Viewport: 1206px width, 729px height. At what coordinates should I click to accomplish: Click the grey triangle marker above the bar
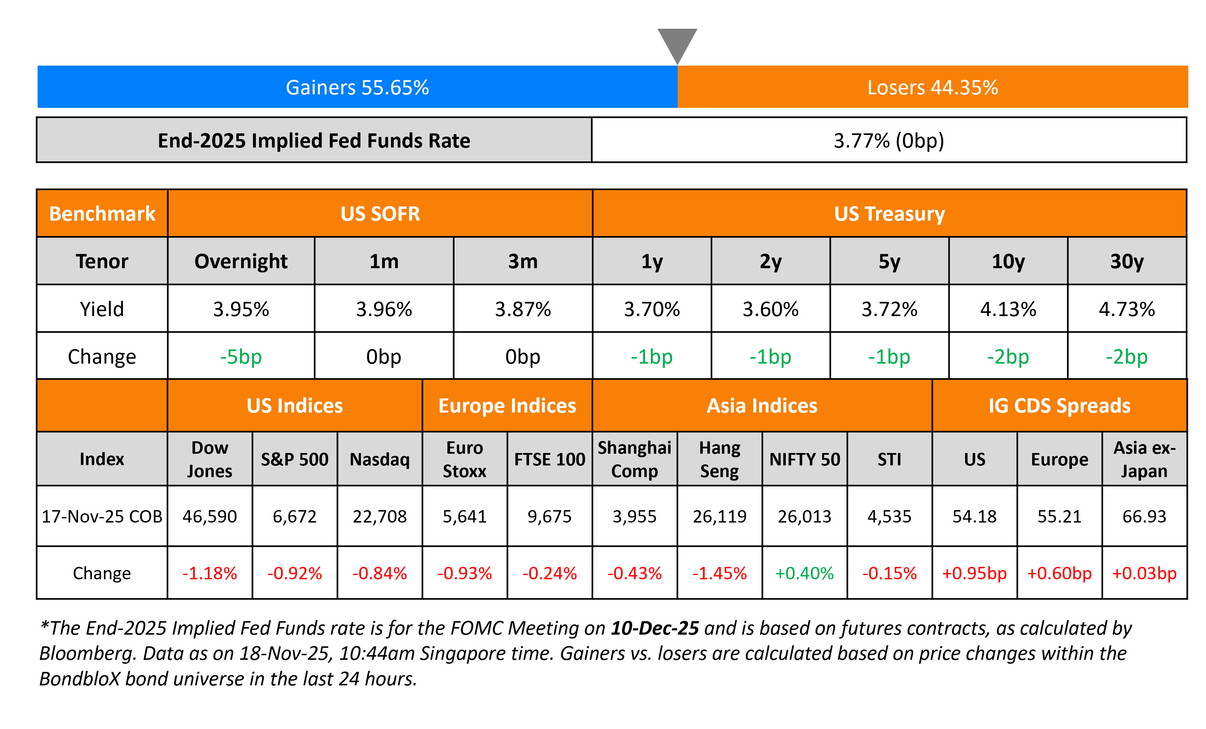677,43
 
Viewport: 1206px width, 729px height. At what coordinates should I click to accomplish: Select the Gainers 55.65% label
357,88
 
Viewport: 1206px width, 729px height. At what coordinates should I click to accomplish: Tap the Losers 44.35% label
932,88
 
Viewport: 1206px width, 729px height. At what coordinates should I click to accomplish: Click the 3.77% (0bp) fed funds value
889,141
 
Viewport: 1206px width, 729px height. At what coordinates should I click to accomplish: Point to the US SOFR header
380,214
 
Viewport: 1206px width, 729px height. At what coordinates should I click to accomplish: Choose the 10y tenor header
1008,261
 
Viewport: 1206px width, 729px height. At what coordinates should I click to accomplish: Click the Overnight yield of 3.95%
241,309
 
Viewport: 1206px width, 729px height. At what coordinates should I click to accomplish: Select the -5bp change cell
241,357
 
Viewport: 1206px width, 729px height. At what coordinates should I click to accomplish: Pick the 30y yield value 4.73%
1127,309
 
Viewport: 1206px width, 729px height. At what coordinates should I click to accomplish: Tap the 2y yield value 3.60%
770,309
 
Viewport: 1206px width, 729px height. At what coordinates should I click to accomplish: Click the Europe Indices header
507,405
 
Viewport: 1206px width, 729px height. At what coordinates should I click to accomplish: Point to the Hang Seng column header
720,459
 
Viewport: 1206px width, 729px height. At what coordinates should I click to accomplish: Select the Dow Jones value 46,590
209,516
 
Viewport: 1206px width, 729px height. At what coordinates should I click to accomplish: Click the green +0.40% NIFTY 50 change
805,573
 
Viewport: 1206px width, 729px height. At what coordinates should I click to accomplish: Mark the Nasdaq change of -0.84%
379,573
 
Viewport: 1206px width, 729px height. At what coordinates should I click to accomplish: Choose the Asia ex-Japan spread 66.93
1144,516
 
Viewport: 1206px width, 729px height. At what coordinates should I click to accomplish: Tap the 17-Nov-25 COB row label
102,516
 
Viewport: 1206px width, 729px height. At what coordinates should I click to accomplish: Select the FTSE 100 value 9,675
549,516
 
